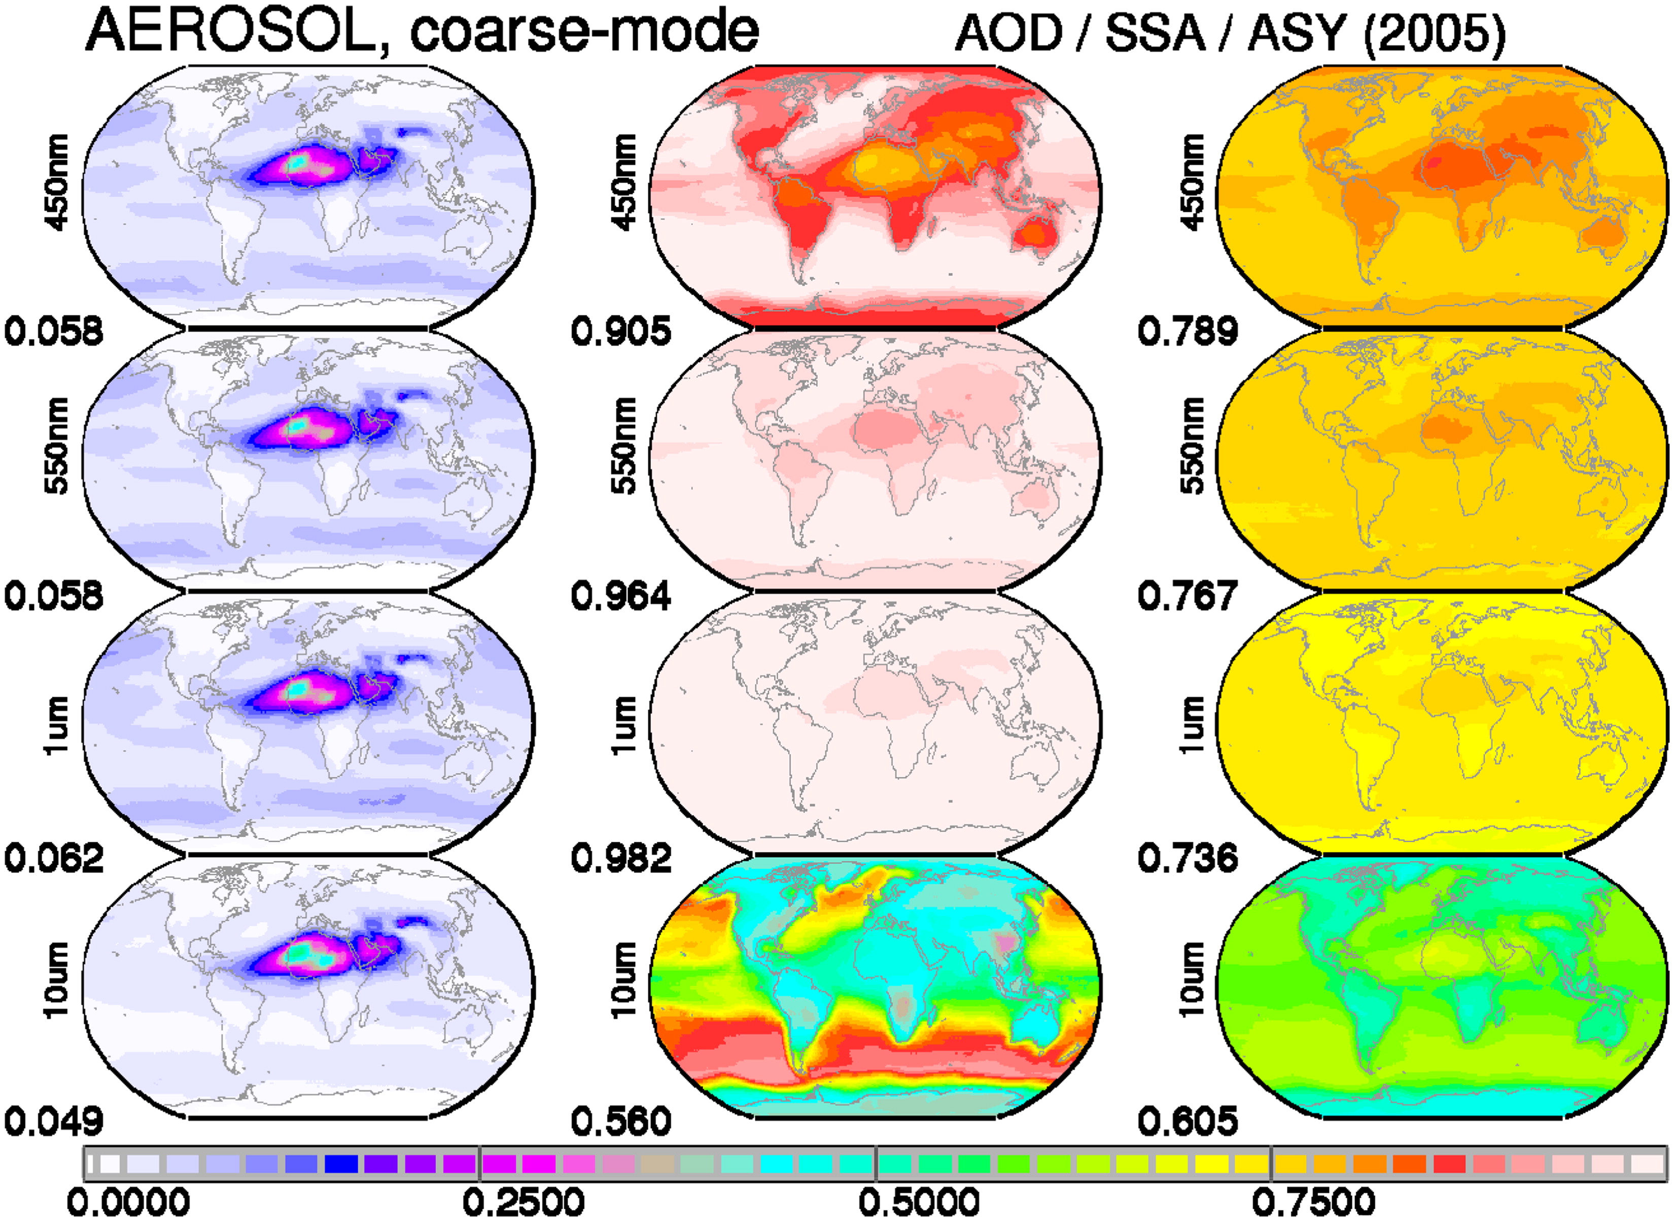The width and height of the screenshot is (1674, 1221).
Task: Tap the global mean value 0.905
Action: pos(621,331)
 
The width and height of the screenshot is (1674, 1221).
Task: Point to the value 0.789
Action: pos(1188,331)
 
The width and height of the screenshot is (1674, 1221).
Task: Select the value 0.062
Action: pos(54,857)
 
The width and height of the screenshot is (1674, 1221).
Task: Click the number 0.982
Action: pos(621,857)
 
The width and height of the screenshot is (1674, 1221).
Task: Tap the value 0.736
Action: pos(1188,857)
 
